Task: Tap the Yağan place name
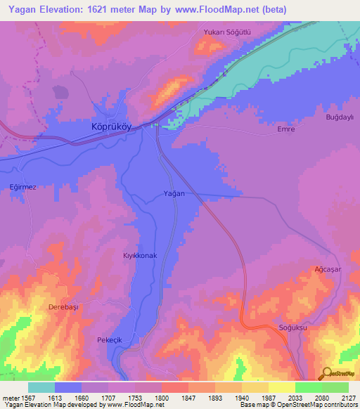(174, 193)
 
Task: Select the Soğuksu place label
(293, 327)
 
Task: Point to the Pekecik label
(110, 340)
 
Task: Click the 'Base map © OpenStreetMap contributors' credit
(298, 405)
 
